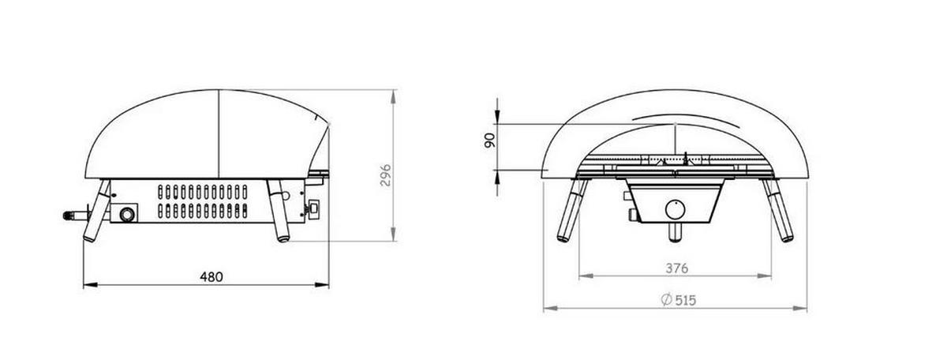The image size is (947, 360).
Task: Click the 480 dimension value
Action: point(211,277)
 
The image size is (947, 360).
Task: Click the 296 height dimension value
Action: point(386,175)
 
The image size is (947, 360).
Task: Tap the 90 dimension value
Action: point(489,141)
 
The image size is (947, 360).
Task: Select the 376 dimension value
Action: point(677,268)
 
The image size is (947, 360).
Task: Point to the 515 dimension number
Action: point(685,300)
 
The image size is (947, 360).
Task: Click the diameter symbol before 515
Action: point(666,300)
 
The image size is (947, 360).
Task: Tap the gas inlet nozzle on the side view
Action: point(76,216)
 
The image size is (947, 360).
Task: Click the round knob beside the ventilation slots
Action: point(126,215)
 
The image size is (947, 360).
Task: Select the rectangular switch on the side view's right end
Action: point(314,209)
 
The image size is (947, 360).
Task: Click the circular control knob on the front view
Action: point(676,209)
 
